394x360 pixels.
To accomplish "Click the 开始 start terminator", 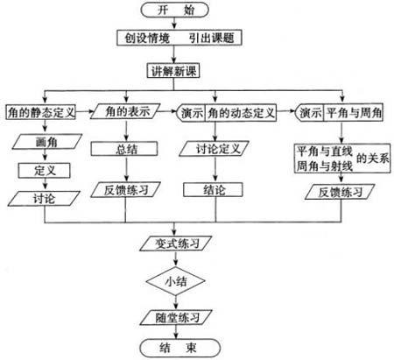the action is [174, 10].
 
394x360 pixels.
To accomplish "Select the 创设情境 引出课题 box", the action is [179, 38].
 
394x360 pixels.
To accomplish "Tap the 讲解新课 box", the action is [173, 71].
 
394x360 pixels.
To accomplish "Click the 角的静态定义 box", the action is [41, 112].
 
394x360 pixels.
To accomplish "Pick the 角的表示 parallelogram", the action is [125, 111].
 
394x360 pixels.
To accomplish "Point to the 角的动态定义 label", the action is [241, 113].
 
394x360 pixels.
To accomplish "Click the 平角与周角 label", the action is [354, 113].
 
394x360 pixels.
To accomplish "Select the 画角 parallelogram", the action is [47, 142].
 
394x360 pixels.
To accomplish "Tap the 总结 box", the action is [124, 149].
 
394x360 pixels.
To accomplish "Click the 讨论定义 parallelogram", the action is [214, 149].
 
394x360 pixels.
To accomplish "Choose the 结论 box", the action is [213, 190].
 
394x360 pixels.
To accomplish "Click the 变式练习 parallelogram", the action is [176, 244].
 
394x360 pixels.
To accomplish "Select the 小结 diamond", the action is [176, 281].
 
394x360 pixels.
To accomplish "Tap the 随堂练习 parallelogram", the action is [176, 317].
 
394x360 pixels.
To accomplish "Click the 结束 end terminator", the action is [179, 348].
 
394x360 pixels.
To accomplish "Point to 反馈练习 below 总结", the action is [125, 190].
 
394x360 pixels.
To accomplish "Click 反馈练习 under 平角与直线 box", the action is [340, 192].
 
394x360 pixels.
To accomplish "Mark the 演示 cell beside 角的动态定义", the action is [192, 113].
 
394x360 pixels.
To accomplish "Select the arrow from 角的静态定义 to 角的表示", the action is [85, 111].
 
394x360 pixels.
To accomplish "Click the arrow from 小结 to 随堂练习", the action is [176, 302].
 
